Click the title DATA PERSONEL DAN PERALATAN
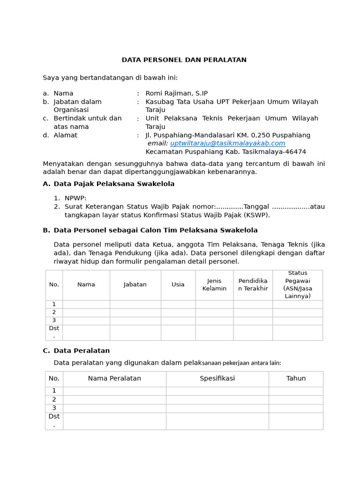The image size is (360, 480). click(x=184, y=60)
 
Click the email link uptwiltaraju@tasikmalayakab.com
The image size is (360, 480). click(x=227, y=143)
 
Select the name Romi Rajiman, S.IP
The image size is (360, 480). click(x=176, y=93)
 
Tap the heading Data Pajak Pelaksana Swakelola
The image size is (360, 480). click(x=114, y=184)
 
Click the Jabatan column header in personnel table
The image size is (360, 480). click(x=135, y=285)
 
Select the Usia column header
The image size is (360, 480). click(x=178, y=285)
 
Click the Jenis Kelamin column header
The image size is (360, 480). click(x=214, y=285)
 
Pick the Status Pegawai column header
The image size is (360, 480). click(x=297, y=285)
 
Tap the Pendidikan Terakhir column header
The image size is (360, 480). click(x=253, y=285)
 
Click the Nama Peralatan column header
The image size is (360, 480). click(x=114, y=379)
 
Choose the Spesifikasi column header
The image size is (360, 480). click(x=217, y=379)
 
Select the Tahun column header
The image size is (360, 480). click(x=296, y=379)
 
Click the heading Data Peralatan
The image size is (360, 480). click(x=82, y=351)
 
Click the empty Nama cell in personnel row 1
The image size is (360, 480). click(x=86, y=304)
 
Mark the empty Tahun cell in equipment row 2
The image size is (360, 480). click(x=296, y=399)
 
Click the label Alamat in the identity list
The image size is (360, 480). click(x=65, y=135)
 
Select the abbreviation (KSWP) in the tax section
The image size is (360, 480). click(x=256, y=215)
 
